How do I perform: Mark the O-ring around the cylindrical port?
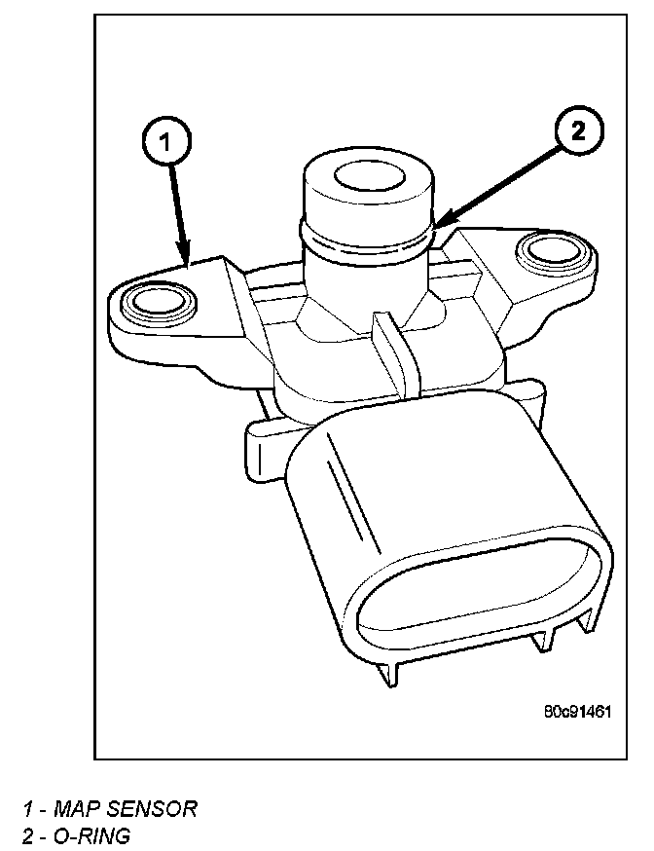tap(364, 242)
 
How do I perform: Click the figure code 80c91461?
tap(578, 711)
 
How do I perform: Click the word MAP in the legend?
tap(74, 808)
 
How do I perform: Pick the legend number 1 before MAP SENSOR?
tap(29, 808)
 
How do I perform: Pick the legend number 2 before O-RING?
tap(29, 835)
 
